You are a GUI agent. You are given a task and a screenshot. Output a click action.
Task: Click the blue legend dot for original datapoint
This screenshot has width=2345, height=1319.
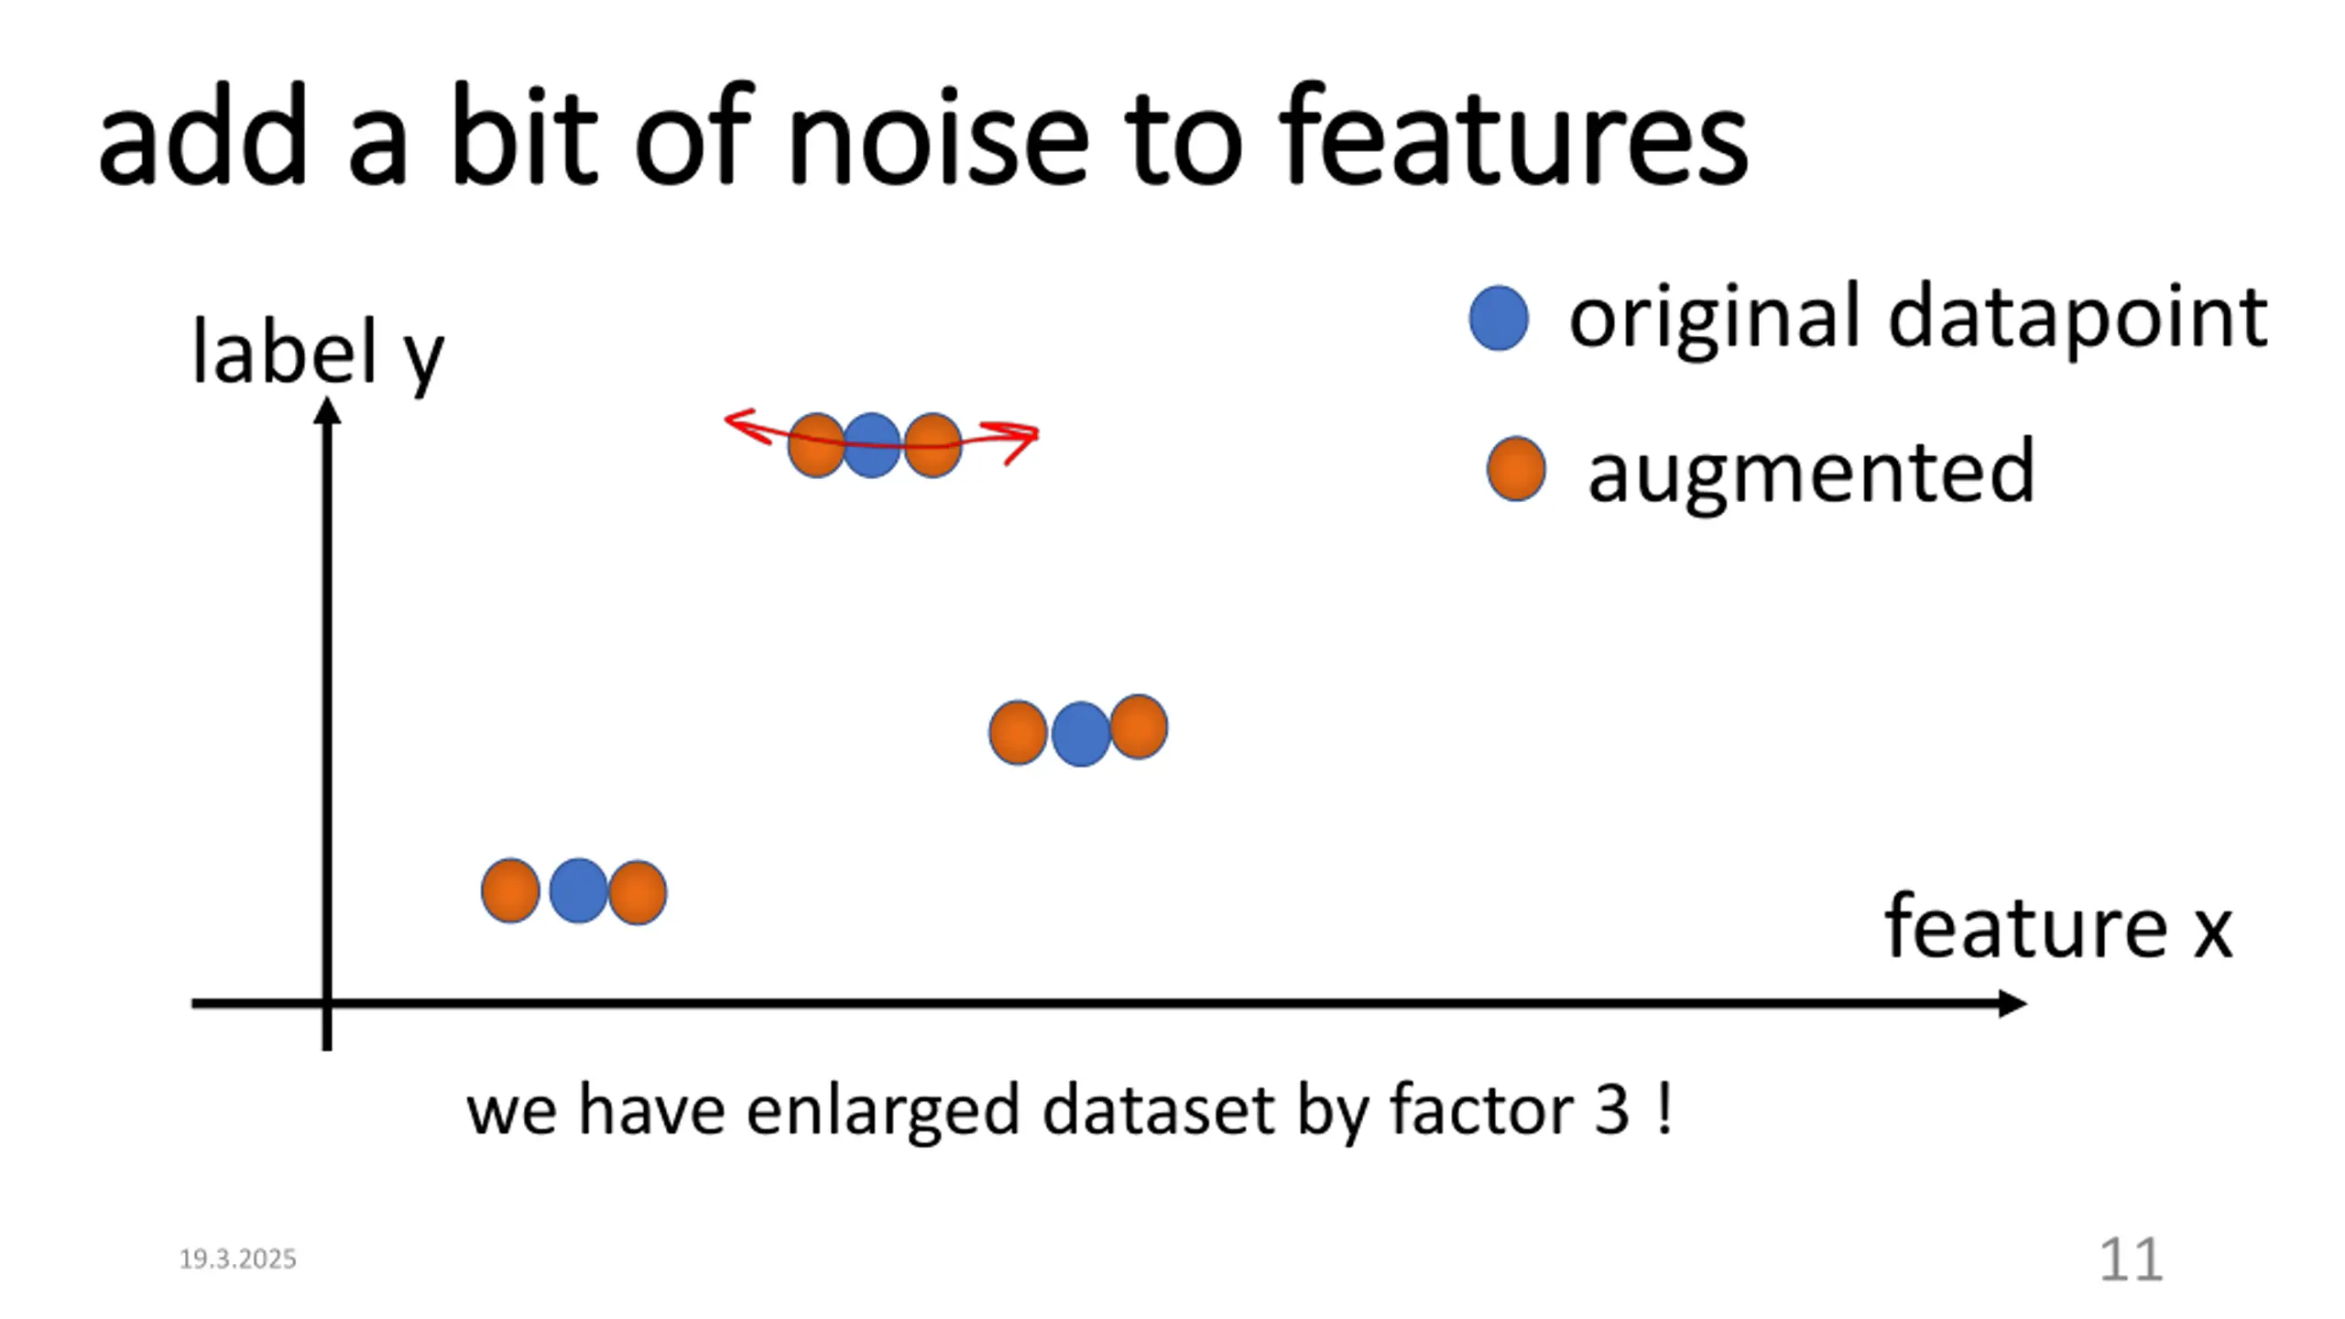1499,318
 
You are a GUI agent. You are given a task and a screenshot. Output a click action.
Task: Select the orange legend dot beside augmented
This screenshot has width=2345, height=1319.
1516,469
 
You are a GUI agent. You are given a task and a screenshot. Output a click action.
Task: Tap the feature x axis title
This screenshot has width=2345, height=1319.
2058,928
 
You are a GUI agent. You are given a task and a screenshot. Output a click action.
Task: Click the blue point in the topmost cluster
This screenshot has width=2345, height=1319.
871,445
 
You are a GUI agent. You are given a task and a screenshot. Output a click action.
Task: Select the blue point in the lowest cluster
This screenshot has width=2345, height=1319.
578,890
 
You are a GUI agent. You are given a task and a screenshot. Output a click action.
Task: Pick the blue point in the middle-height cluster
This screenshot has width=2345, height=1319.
1081,734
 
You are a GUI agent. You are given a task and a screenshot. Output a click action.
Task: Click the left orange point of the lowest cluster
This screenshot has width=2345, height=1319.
510,890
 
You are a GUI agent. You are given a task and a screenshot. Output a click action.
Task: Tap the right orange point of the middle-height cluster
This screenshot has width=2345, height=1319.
1139,726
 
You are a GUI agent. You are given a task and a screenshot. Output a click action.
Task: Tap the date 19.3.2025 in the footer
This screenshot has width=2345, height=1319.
237,1259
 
